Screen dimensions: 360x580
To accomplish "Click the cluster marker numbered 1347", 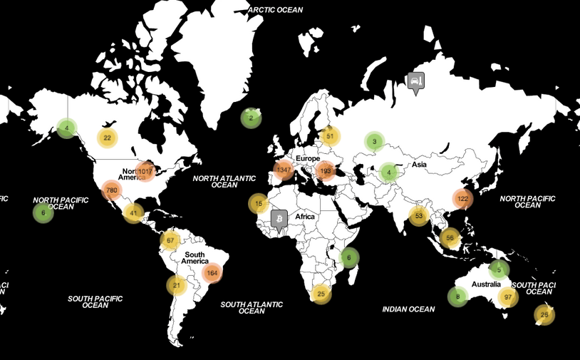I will pyautogui.click(x=284, y=170).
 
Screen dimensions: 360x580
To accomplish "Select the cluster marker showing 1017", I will pyautogui.click(x=145, y=171).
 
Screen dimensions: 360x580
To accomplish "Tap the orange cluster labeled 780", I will pyautogui.click(x=111, y=190).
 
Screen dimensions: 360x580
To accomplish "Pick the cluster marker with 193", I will pyautogui.click(x=326, y=171).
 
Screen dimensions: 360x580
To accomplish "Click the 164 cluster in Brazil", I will pyautogui.click(x=212, y=272).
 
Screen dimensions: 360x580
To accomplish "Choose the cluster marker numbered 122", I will pyautogui.click(x=462, y=199).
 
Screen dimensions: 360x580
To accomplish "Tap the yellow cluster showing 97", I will pyautogui.click(x=507, y=297).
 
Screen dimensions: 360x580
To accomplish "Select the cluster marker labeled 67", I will pyautogui.click(x=170, y=240).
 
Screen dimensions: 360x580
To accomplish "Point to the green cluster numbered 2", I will pyautogui.click(x=251, y=118).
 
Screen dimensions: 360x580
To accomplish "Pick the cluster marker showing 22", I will pyautogui.click(x=107, y=138).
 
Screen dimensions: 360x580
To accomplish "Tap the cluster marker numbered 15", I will pyautogui.click(x=259, y=204).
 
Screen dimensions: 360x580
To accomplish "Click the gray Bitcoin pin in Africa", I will pyautogui.click(x=279, y=217).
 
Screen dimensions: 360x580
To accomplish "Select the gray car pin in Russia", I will pyautogui.click(x=415, y=82).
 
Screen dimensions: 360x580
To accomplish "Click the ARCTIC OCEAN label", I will pyautogui.click(x=276, y=10).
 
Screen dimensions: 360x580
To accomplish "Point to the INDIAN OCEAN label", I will pyautogui.click(x=408, y=309).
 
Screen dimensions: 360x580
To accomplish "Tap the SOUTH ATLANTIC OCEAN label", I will pyautogui.click(x=252, y=307).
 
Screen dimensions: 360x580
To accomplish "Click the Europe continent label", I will pyautogui.click(x=308, y=158).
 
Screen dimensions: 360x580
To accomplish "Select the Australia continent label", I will pyautogui.click(x=487, y=284).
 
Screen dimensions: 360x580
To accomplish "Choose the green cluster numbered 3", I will pyautogui.click(x=374, y=141).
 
